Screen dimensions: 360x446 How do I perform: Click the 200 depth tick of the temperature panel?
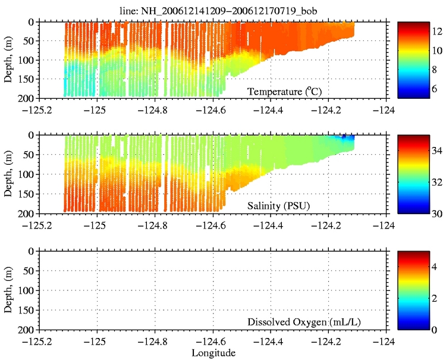(26, 98)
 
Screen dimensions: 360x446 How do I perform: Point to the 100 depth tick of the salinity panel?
(26, 174)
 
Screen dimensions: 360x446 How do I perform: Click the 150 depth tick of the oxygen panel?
(26, 310)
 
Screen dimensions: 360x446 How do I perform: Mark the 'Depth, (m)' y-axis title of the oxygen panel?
(8, 290)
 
